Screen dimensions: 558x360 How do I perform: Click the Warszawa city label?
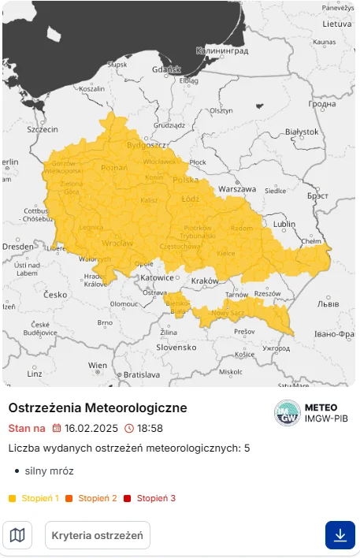(237, 189)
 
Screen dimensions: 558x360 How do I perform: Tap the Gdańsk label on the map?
(167, 69)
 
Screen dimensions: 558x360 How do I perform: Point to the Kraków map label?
(204, 281)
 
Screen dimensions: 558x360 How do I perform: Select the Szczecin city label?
(43, 128)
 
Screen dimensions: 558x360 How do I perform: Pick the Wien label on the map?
(98, 366)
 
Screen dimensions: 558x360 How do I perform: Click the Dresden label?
(17, 247)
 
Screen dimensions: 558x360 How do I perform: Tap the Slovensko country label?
(176, 347)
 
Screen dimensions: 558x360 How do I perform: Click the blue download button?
(340, 535)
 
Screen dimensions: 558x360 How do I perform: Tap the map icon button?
(17, 535)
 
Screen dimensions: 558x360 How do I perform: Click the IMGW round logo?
(287, 413)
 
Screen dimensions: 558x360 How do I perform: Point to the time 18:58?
(150, 429)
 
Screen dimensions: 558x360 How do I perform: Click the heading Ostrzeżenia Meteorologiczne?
(98, 408)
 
